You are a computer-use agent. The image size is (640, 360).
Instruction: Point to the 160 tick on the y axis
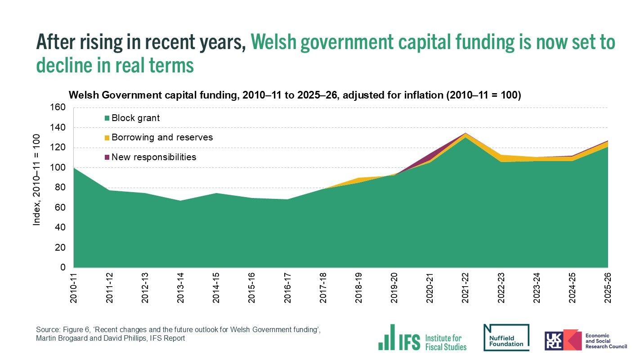coord(60,108)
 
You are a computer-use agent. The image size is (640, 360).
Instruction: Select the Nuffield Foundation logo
coord(506,337)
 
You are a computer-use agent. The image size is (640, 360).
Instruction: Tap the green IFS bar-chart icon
coord(387,337)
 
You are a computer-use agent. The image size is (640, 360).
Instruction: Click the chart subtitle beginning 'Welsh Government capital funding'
coord(294,95)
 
